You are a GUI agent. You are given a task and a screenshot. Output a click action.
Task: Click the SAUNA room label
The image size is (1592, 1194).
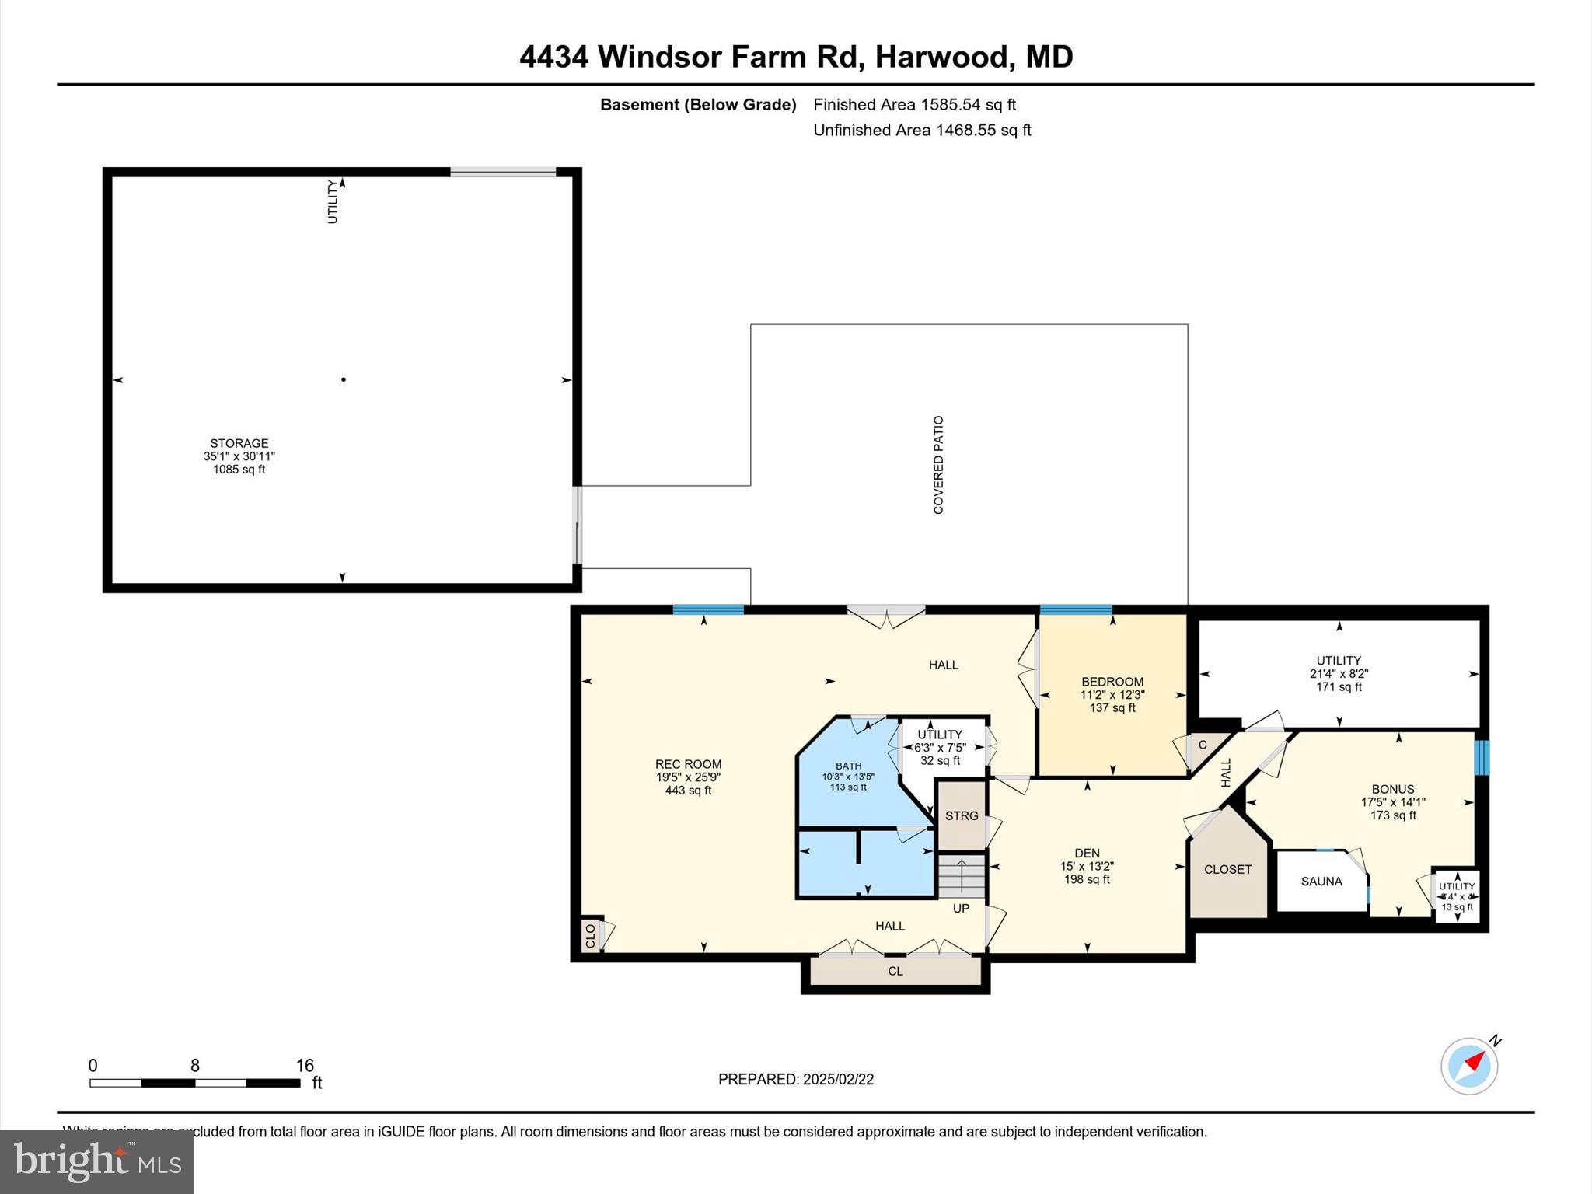pyautogui.click(x=1321, y=881)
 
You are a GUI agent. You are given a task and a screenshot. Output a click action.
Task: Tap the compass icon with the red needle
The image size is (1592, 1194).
pyautogui.click(x=1468, y=1066)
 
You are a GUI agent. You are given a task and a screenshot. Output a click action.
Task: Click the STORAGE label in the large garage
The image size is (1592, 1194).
pyautogui.click(x=239, y=443)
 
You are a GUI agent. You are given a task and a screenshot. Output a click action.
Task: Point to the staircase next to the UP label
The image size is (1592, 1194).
pyautogui.click(x=961, y=875)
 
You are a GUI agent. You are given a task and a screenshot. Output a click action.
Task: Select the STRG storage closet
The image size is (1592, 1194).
pyautogui.click(x=962, y=815)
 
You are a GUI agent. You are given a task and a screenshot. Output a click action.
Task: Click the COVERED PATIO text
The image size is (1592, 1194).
pyautogui.click(x=938, y=465)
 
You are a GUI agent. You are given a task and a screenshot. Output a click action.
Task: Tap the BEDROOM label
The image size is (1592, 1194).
pyautogui.click(x=1112, y=682)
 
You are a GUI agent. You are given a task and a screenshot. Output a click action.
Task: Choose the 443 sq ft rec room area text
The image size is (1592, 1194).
pyautogui.click(x=688, y=791)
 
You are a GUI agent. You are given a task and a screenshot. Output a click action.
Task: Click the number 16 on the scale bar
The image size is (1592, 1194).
pyautogui.click(x=304, y=1065)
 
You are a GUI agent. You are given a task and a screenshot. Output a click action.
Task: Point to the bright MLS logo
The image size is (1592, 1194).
pyautogui.click(x=97, y=1161)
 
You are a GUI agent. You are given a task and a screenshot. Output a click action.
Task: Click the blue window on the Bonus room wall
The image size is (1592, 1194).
pyautogui.click(x=1482, y=758)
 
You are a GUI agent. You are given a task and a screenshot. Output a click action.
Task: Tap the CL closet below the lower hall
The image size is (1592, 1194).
pyautogui.click(x=895, y=971)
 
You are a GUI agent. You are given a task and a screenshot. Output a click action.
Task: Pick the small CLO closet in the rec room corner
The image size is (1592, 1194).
pyautogui.click(x=591, y=934)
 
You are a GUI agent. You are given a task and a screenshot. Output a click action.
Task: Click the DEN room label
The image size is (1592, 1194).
pyautogui.click(x=1087, y=853)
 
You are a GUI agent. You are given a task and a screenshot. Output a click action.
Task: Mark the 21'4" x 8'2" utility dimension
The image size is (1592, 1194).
pyautogui.click(x=1339, y=674)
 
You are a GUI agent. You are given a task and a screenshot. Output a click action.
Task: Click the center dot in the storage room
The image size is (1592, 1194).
pyautogui.click(x=344, y=379)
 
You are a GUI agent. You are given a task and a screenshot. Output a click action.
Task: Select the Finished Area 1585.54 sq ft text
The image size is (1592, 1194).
pyautogui.click(x=914, y=104)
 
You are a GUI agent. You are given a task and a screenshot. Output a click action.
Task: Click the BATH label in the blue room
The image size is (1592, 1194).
pyautogui.click(x=848, y=766)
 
